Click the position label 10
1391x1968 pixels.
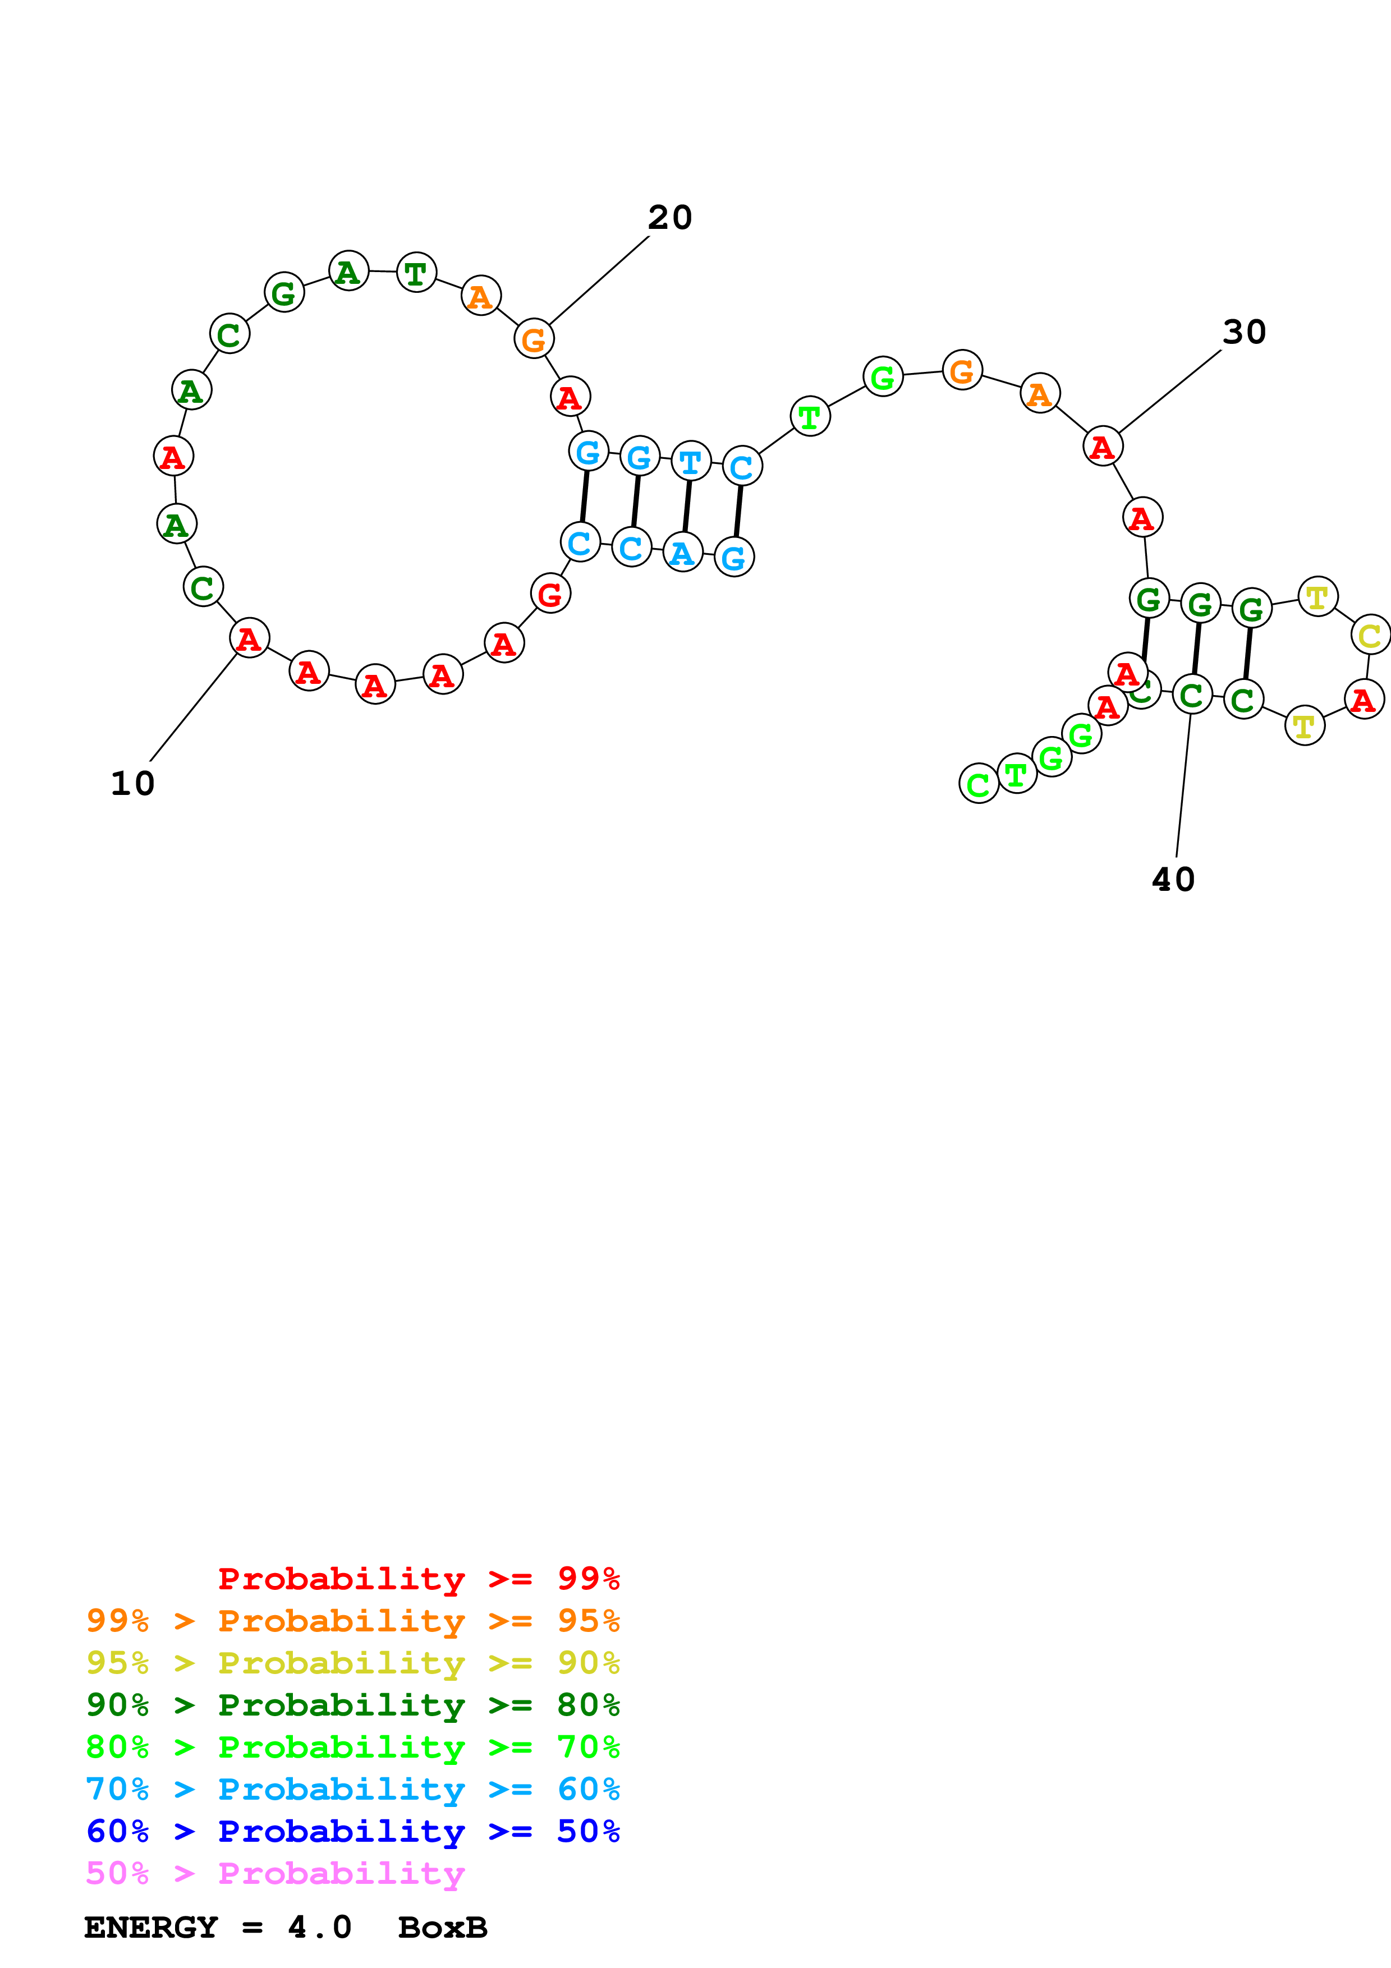point(133,783)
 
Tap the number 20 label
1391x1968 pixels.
point(669,218)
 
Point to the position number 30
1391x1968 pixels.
point(1243,332)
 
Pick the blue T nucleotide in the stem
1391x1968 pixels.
point(691,462)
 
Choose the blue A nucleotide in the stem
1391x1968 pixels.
point(683,553)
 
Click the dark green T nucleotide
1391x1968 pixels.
point(416,273)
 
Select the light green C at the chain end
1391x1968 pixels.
point(978,783)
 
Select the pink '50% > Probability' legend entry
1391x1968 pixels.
point(275,1874)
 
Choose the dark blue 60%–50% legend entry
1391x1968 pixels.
point(352,1832)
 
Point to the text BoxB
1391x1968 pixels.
point(442,1928)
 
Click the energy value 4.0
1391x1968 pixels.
point(319,1928)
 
